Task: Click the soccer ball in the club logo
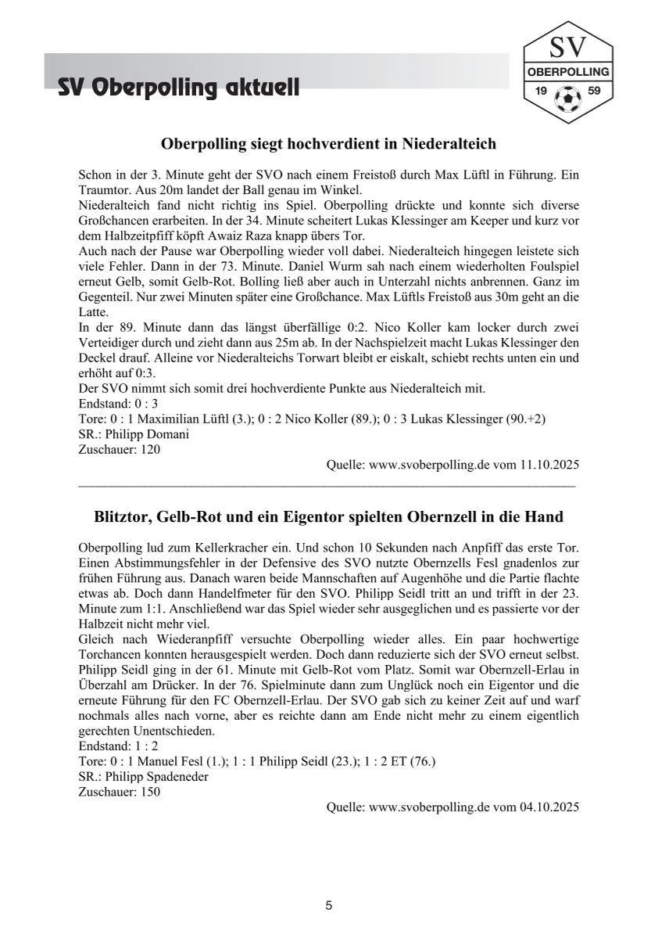tap(567, 99)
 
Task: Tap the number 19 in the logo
tap(541, 92)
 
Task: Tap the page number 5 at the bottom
tap(329, 905)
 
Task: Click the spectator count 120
tap(151, 449)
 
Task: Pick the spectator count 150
tap(151, 792)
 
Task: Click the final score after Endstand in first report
tap(144, 404)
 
